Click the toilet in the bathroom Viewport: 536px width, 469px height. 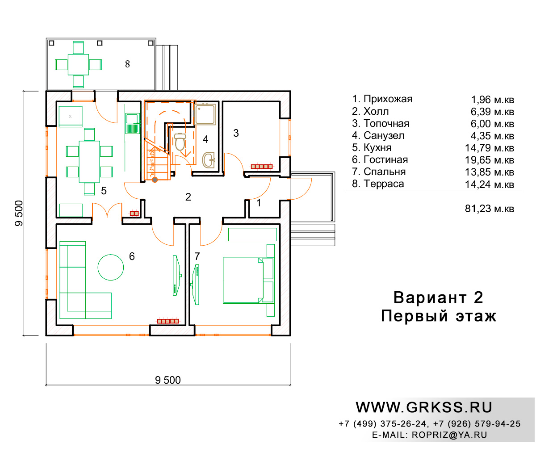click(180, 142)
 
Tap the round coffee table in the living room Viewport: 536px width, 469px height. click(111, 267)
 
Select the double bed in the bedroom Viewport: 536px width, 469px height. click(248, 281)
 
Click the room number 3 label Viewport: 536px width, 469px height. click(236, 133)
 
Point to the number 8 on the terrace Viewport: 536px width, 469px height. click(127, 64)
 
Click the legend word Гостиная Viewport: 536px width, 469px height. click(385, 159)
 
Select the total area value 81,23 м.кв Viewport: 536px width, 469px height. click(490, 209)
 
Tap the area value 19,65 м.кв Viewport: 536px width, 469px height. click(490, 160)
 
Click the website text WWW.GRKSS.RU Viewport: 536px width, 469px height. click(424, 407)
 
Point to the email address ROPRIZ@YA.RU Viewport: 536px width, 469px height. click(449, 435)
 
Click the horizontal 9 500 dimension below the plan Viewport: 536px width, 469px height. click(168, 380)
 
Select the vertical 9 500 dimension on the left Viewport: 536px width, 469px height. click(19, 213)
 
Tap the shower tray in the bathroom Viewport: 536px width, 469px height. click(205, 114)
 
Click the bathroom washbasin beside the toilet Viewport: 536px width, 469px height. click(209, 159)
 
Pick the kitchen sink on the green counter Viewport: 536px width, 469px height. click(133, 123)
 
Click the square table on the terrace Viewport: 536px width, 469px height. click(78, 64)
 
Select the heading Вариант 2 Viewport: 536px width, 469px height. click(438, 297)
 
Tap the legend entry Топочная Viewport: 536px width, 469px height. click(386, 123)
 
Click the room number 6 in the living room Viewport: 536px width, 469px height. click(132, 256)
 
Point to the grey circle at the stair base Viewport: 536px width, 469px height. click(155, 180)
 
